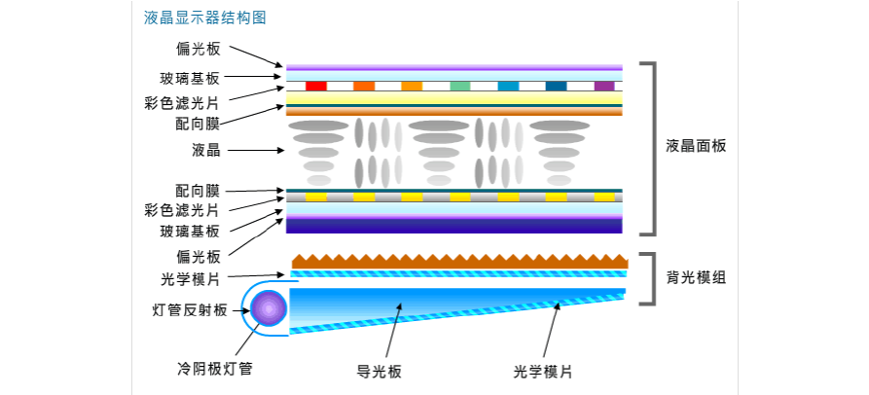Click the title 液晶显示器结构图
pos(203,18)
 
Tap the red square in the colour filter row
pos(315,86)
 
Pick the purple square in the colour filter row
pos(604,86)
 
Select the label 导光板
pos(380,371)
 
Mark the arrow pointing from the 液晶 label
pos(255,150)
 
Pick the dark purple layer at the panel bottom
pos(454,225)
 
